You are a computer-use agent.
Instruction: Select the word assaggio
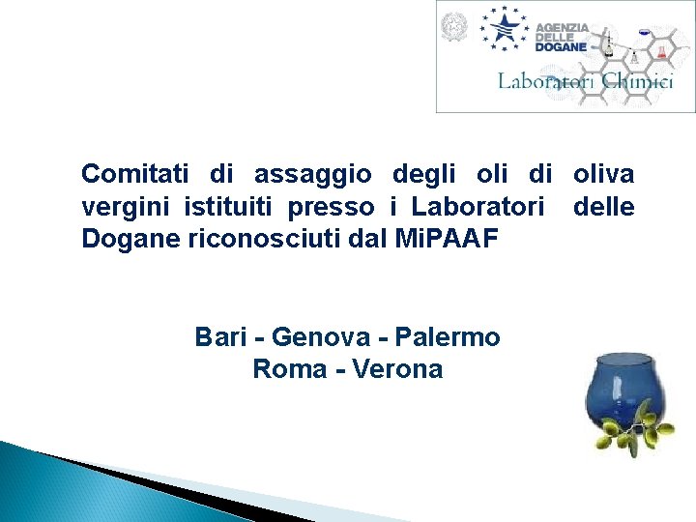[312, 174]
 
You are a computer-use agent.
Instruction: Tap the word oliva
[603, 174]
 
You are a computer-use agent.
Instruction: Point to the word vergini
[119, 207]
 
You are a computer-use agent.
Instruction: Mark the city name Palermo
[453, 337]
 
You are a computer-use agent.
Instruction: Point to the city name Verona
[398, 368]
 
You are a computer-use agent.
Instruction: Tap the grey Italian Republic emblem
[452, 27]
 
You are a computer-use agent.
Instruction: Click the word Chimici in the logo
[637, 81]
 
